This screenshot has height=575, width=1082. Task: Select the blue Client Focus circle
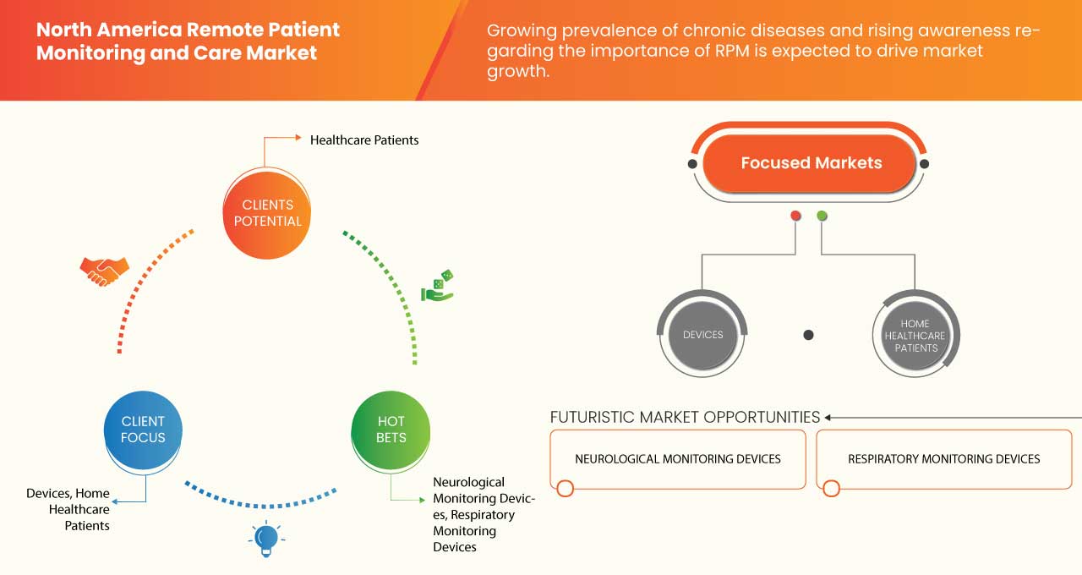(143, 430)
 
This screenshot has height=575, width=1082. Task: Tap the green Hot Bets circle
(391, 430)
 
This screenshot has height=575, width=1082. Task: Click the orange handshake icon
(104, 271)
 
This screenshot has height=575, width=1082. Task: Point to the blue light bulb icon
(266, 539)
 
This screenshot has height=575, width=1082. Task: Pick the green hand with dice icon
(437, 287)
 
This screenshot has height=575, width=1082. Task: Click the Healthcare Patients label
(364, 140)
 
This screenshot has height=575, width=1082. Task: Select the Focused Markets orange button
(810, 163)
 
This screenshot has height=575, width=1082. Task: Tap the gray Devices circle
(702, 335)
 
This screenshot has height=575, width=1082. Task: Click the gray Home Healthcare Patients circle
(915, 336)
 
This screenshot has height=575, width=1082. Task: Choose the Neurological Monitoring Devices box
(678, 459)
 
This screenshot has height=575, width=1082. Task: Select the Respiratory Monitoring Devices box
(943, 459)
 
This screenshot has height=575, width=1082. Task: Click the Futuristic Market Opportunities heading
(685, 417)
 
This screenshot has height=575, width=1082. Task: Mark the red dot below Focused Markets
(795, 216)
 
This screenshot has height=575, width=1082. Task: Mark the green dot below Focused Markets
(822, 216)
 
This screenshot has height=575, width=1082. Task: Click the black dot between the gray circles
(808, 335)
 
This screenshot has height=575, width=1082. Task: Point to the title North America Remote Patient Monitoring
(188, 41)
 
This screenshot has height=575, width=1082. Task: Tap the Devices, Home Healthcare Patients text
(68, 509)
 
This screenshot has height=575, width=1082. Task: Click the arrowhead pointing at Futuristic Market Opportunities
(828, 417)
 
